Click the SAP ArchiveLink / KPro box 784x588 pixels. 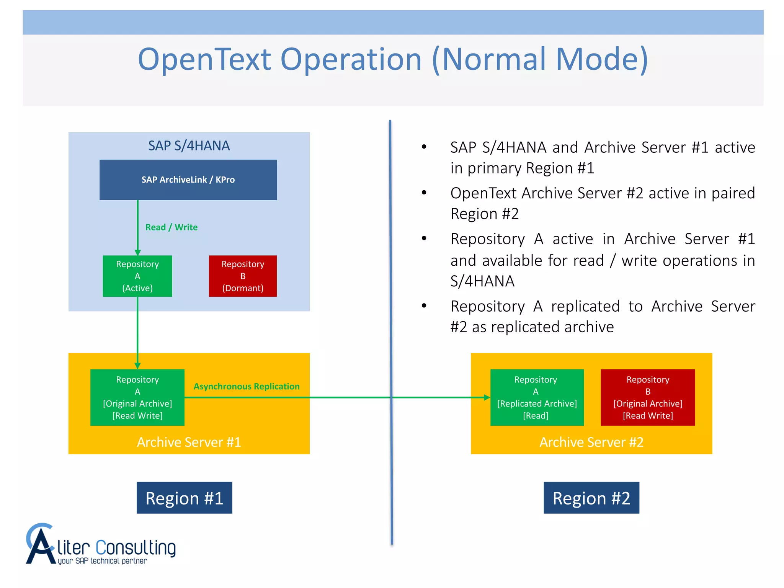[188, 180]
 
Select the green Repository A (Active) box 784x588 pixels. [137, 276]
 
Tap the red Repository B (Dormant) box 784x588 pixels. [243, 276]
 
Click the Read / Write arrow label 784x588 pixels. [171, 227]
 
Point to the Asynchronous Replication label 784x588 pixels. [247, 387]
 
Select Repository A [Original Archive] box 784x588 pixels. [137, 397]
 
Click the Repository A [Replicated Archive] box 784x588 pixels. [537, 397]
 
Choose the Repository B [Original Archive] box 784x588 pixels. [648, 397]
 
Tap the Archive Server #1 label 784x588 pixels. [189, 442]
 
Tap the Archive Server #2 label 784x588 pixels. [591, 442]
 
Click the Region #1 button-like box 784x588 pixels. [185, 498]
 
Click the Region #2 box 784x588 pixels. [591, 498]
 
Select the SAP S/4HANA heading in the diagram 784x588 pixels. [189, 146]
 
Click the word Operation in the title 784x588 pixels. [351, 60]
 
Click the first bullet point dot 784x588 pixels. [424, 147]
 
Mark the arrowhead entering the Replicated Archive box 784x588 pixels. [487, 397]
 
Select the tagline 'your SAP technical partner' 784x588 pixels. [102, 561]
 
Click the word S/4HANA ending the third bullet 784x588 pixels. [482, 281]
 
